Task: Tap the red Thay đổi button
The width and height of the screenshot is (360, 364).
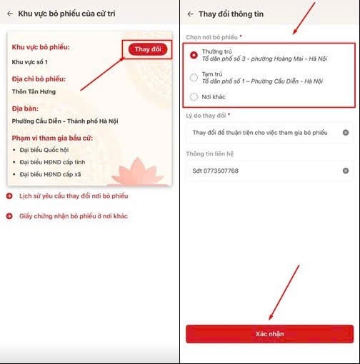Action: point(148,49)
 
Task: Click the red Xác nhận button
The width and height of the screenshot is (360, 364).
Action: point(269,334)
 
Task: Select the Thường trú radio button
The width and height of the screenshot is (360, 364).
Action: point(194,54)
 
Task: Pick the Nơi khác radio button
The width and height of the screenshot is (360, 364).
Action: point(194,96)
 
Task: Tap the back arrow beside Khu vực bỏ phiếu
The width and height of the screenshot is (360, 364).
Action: point(10,14)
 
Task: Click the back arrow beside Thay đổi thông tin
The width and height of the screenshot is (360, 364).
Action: point(189,14)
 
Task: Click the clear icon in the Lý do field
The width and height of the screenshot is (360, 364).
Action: point(346,133)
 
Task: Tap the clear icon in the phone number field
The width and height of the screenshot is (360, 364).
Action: point(346,171)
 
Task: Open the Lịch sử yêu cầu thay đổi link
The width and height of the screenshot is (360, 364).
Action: point(73,196)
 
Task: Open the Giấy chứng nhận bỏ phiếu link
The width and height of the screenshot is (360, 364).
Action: point(73,216)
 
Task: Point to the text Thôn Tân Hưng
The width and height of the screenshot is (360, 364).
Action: point(34,91)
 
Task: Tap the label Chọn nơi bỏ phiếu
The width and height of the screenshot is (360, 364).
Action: point(213,36)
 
